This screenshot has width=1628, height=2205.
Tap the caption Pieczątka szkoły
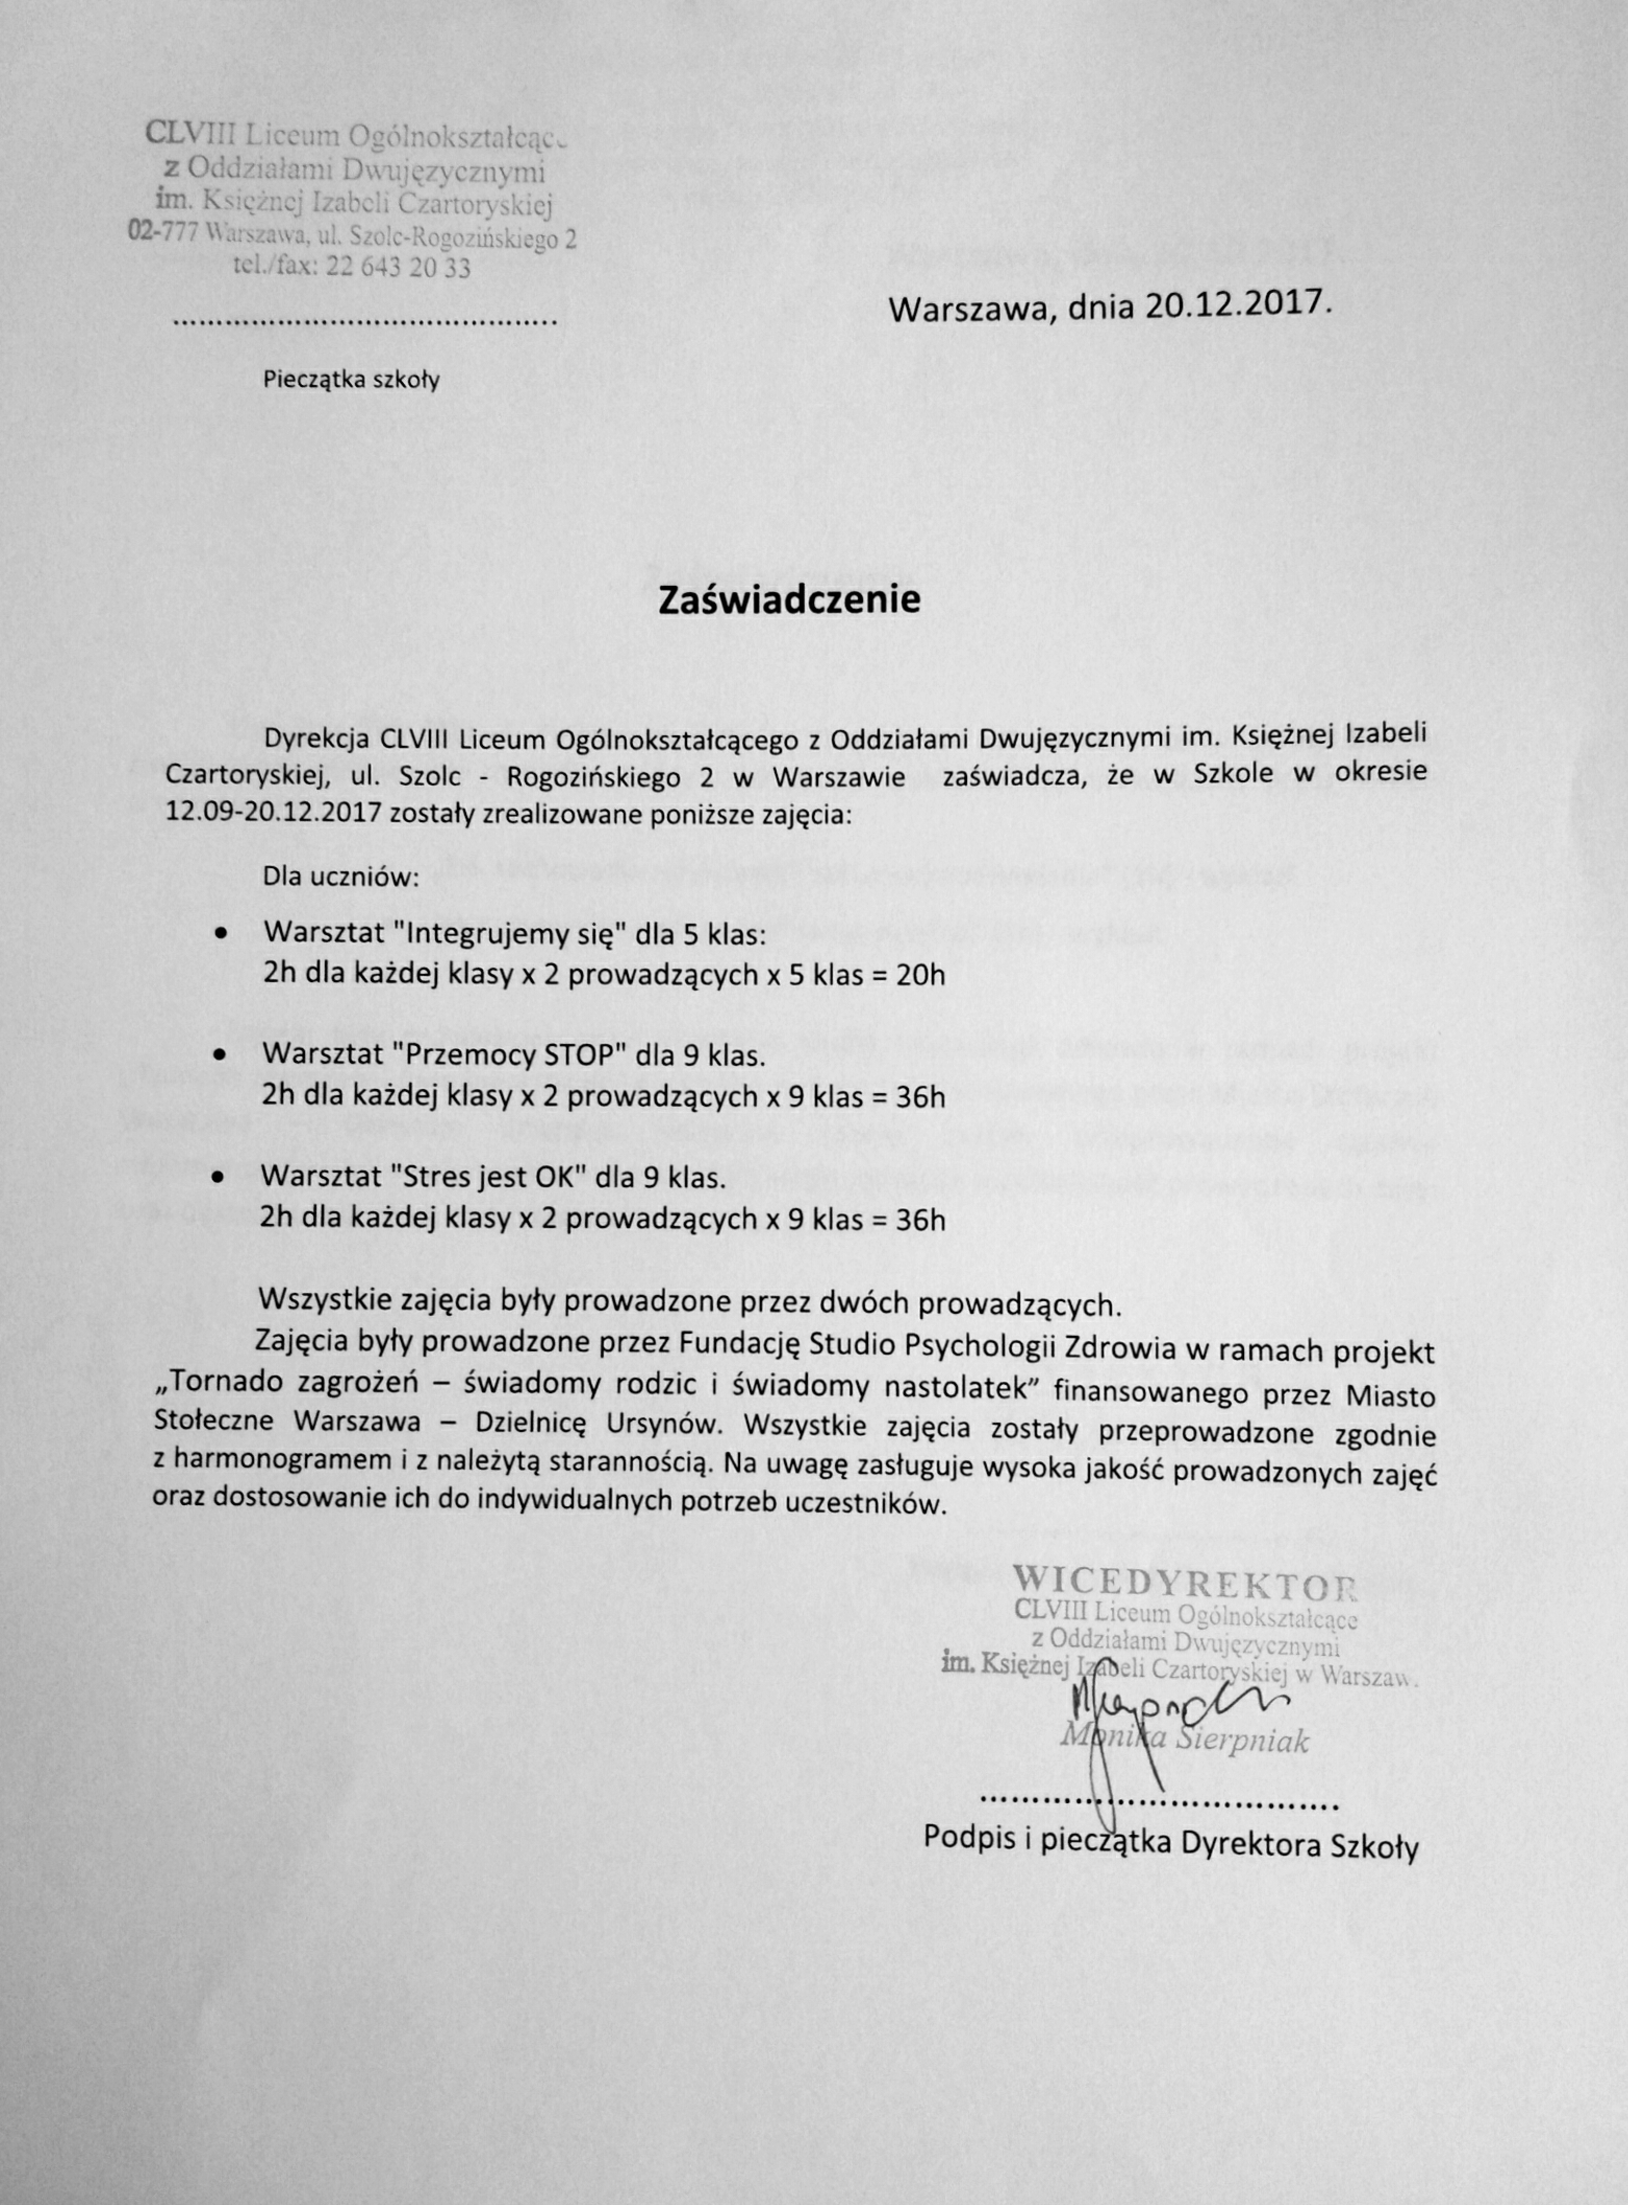coord(351,381)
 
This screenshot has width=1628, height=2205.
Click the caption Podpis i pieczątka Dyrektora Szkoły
coord(1171,1841)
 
